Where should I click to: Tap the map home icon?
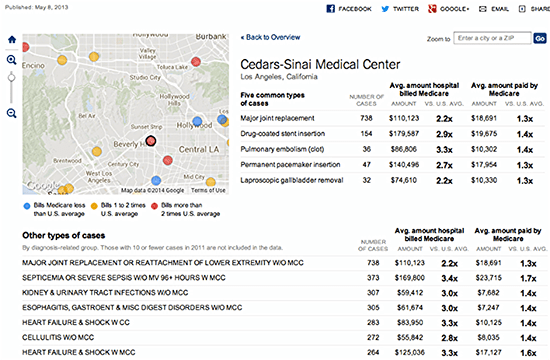click(x=11, y=41)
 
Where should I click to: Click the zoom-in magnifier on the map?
click(x=11, y=60)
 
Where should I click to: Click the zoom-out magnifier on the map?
click(x=11, y=113)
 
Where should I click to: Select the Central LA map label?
click(x=196, y=150)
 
